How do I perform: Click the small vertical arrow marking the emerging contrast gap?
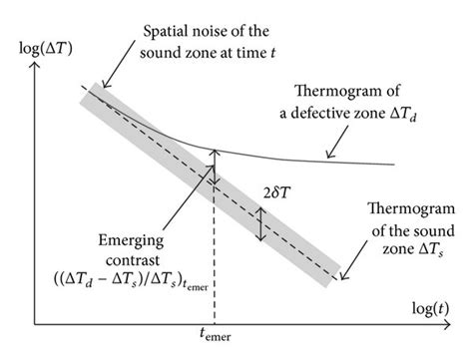215,165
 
